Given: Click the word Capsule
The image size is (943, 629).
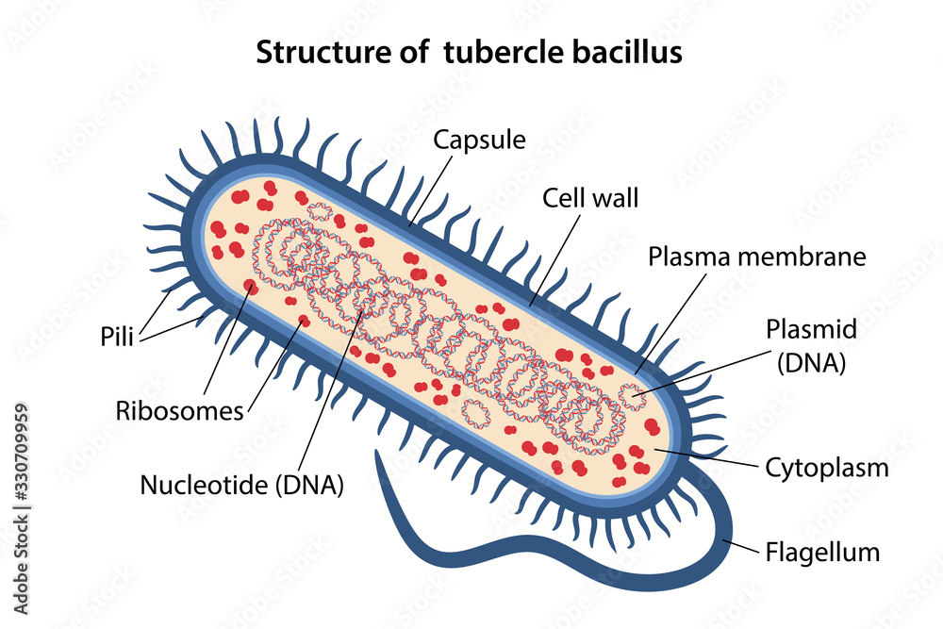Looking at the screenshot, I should [x=479, y=141].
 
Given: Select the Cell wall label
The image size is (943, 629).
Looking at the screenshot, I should [x=590, y=198].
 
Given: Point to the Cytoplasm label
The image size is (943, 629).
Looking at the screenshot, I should [x=827, y=467].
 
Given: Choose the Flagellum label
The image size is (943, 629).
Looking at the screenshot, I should [x=823, y=552].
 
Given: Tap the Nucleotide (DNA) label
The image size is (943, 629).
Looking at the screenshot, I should [x=241, y=485].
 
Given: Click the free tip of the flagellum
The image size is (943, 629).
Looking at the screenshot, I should [x=377, y=454].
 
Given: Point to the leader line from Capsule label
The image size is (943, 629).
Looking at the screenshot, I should [x=428, y=189].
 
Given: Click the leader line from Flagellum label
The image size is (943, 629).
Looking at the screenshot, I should [x=741, y=546].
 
